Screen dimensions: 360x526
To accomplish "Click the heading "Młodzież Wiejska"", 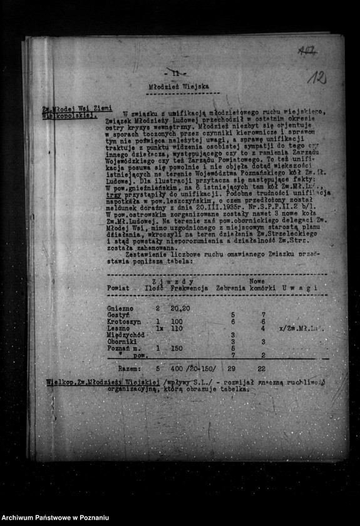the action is [179, 87].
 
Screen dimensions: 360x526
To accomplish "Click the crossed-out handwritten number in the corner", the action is [307, 49].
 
